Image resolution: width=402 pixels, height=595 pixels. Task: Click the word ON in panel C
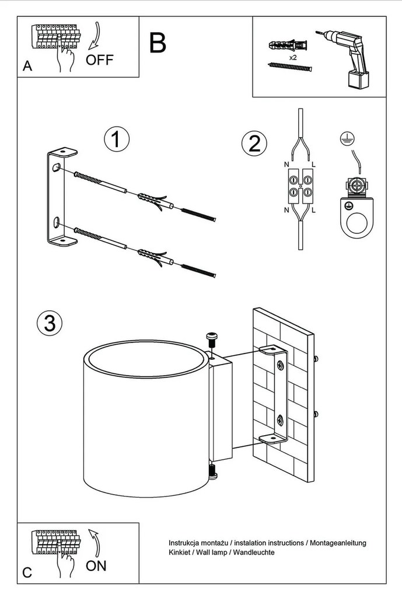[x=96, y=565]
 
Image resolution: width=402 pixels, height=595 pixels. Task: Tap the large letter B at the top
[x=157, y=42]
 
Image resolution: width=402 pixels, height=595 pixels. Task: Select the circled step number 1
[x=116, y=139]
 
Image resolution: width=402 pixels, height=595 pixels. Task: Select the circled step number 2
[x=254, y=143]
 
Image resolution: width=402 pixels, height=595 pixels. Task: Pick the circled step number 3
[x=50, y=323]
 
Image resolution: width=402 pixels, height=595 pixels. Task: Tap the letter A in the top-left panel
[x=27, y=67]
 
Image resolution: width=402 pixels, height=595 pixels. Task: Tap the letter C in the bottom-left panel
[x=27, y=572]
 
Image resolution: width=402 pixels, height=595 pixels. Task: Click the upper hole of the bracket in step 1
[x=55, y=169]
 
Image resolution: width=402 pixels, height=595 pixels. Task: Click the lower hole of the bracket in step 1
[x=55, y=222]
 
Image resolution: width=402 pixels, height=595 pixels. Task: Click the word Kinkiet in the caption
[x=179, y=552]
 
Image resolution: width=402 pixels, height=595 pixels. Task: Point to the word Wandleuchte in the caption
[x=255, y=552]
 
